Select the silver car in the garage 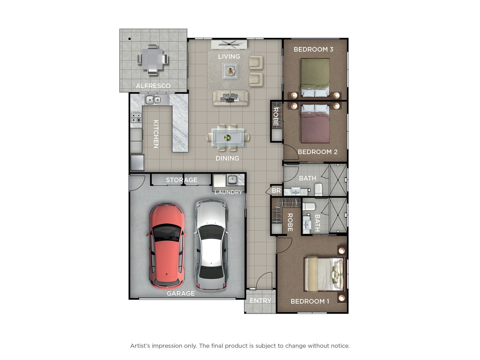[x=211, y=245]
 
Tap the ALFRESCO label [x=153, y=86]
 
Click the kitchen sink [x=153, y=99]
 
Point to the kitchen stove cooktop [x=136, y=118]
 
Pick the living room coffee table [x=230, y=71]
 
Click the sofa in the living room [x=230, y=97]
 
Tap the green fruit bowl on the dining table [x=227, y=137]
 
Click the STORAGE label [x=182, y=180]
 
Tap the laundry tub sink [x=232, y=180]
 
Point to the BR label [x=276, y=191]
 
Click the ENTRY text [x=260, y=301]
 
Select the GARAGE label [x=181, y=293]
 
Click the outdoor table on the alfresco [x=153, y=59]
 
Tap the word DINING [x=227, y=158]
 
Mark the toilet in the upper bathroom [x=318, y=189]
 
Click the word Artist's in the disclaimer [x=140, y=346]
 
